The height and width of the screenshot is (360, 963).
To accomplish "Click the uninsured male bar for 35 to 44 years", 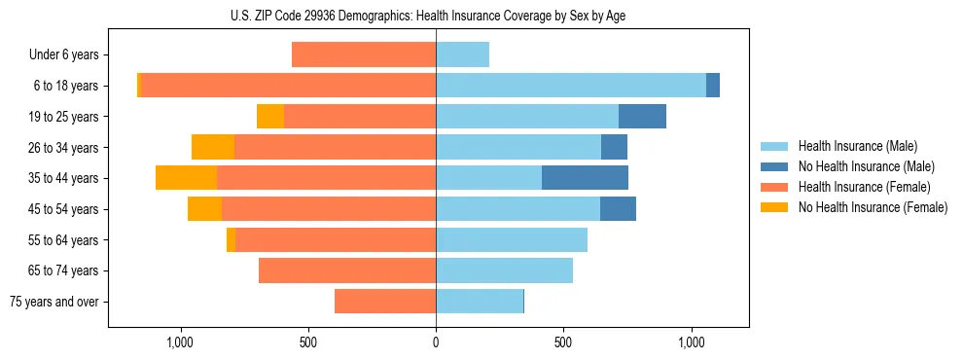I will tap(585, 178).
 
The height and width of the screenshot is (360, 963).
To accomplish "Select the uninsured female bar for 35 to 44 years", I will tap(186, 178).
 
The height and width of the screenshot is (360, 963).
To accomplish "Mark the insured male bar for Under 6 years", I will tap(462, 55).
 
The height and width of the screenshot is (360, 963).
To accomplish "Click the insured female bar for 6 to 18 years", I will tap(288, 86).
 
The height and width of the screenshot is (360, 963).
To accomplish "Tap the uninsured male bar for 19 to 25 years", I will tap(642, 117).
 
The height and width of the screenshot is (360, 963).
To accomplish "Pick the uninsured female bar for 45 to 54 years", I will tap(204, 209).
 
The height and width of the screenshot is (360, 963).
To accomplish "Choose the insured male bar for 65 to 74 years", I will tap(504, 270).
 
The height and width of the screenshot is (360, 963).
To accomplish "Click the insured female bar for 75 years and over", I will tap(385, 302).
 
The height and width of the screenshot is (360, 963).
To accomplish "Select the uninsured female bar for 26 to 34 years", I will tap(213, 147).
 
